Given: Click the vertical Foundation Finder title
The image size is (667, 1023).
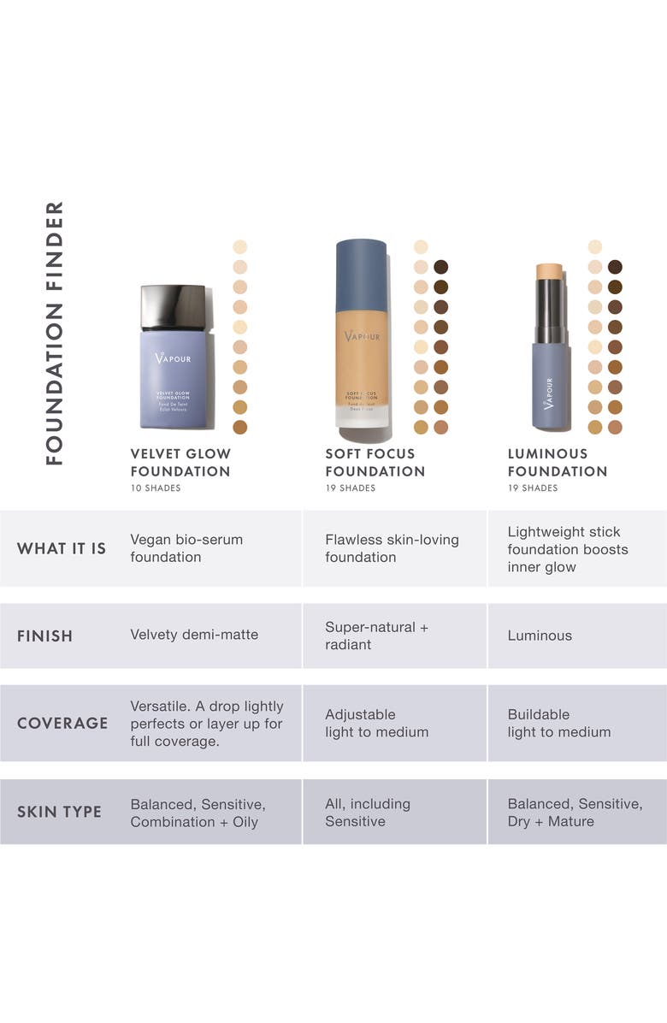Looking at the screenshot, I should pos(55,333).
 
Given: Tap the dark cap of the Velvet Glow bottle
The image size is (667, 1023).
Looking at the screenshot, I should pos(173,307).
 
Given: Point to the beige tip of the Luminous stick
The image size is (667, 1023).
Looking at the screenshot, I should pos(548,271).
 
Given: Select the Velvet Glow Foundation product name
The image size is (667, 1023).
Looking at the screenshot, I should pos(180,462).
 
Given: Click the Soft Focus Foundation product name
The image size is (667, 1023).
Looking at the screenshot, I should pos(375,462).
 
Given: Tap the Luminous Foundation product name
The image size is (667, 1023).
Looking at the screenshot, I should pos(557,462).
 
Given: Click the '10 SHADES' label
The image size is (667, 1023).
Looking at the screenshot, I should pos(156,488).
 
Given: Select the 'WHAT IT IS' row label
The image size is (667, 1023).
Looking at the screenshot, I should pos(62,548).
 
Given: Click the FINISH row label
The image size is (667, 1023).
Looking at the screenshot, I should pos(44,636).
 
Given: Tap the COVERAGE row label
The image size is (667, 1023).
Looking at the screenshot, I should pos(62,723).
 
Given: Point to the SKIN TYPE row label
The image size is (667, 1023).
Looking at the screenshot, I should pos(59,812).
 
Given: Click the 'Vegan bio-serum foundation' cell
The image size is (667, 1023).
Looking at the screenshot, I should pos(186,548).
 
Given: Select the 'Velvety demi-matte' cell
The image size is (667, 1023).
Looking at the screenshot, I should pos(194,635).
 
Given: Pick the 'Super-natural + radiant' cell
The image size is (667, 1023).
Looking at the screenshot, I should pos(376,636).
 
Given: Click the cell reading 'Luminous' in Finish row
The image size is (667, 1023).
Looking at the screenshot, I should pos(540,636).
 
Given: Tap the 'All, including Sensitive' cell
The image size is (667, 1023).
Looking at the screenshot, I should pos(368,813).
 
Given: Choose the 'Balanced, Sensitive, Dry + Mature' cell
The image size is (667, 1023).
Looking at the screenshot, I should pos(575,813).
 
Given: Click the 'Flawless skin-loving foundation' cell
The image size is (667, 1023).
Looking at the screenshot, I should pos(392,548).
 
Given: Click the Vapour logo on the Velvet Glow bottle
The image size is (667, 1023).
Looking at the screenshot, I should pos(173,358).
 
